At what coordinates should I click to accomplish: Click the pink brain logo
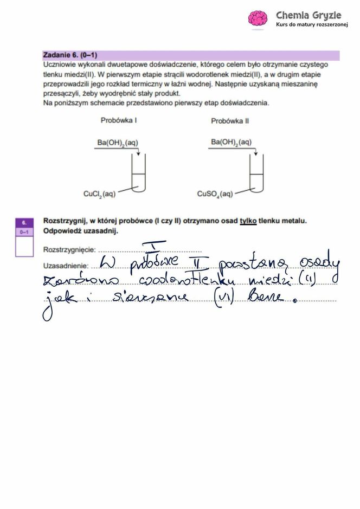coord(258,19)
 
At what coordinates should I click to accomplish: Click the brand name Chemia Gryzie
coord(308,15)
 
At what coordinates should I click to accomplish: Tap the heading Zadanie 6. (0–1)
coord(70,55)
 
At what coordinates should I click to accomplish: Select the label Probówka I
coord(118,120)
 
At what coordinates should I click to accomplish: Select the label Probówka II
coord(230,121)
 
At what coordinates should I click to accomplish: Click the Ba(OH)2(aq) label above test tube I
coord(118,143)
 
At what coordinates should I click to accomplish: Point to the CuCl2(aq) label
coord(99,194)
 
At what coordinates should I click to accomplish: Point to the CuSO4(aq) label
coord(215,194)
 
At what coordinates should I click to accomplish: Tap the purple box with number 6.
coord(24,222)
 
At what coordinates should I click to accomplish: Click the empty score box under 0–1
coord(24,247)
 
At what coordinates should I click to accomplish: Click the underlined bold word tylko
coord(248,221)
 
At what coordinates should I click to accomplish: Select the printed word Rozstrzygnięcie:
coord(69,250)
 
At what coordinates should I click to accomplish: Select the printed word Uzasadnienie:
coord(65,266)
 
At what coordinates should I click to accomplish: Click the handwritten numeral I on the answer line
coord(161,247)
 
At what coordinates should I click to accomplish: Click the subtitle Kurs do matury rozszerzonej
coord(311,25)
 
